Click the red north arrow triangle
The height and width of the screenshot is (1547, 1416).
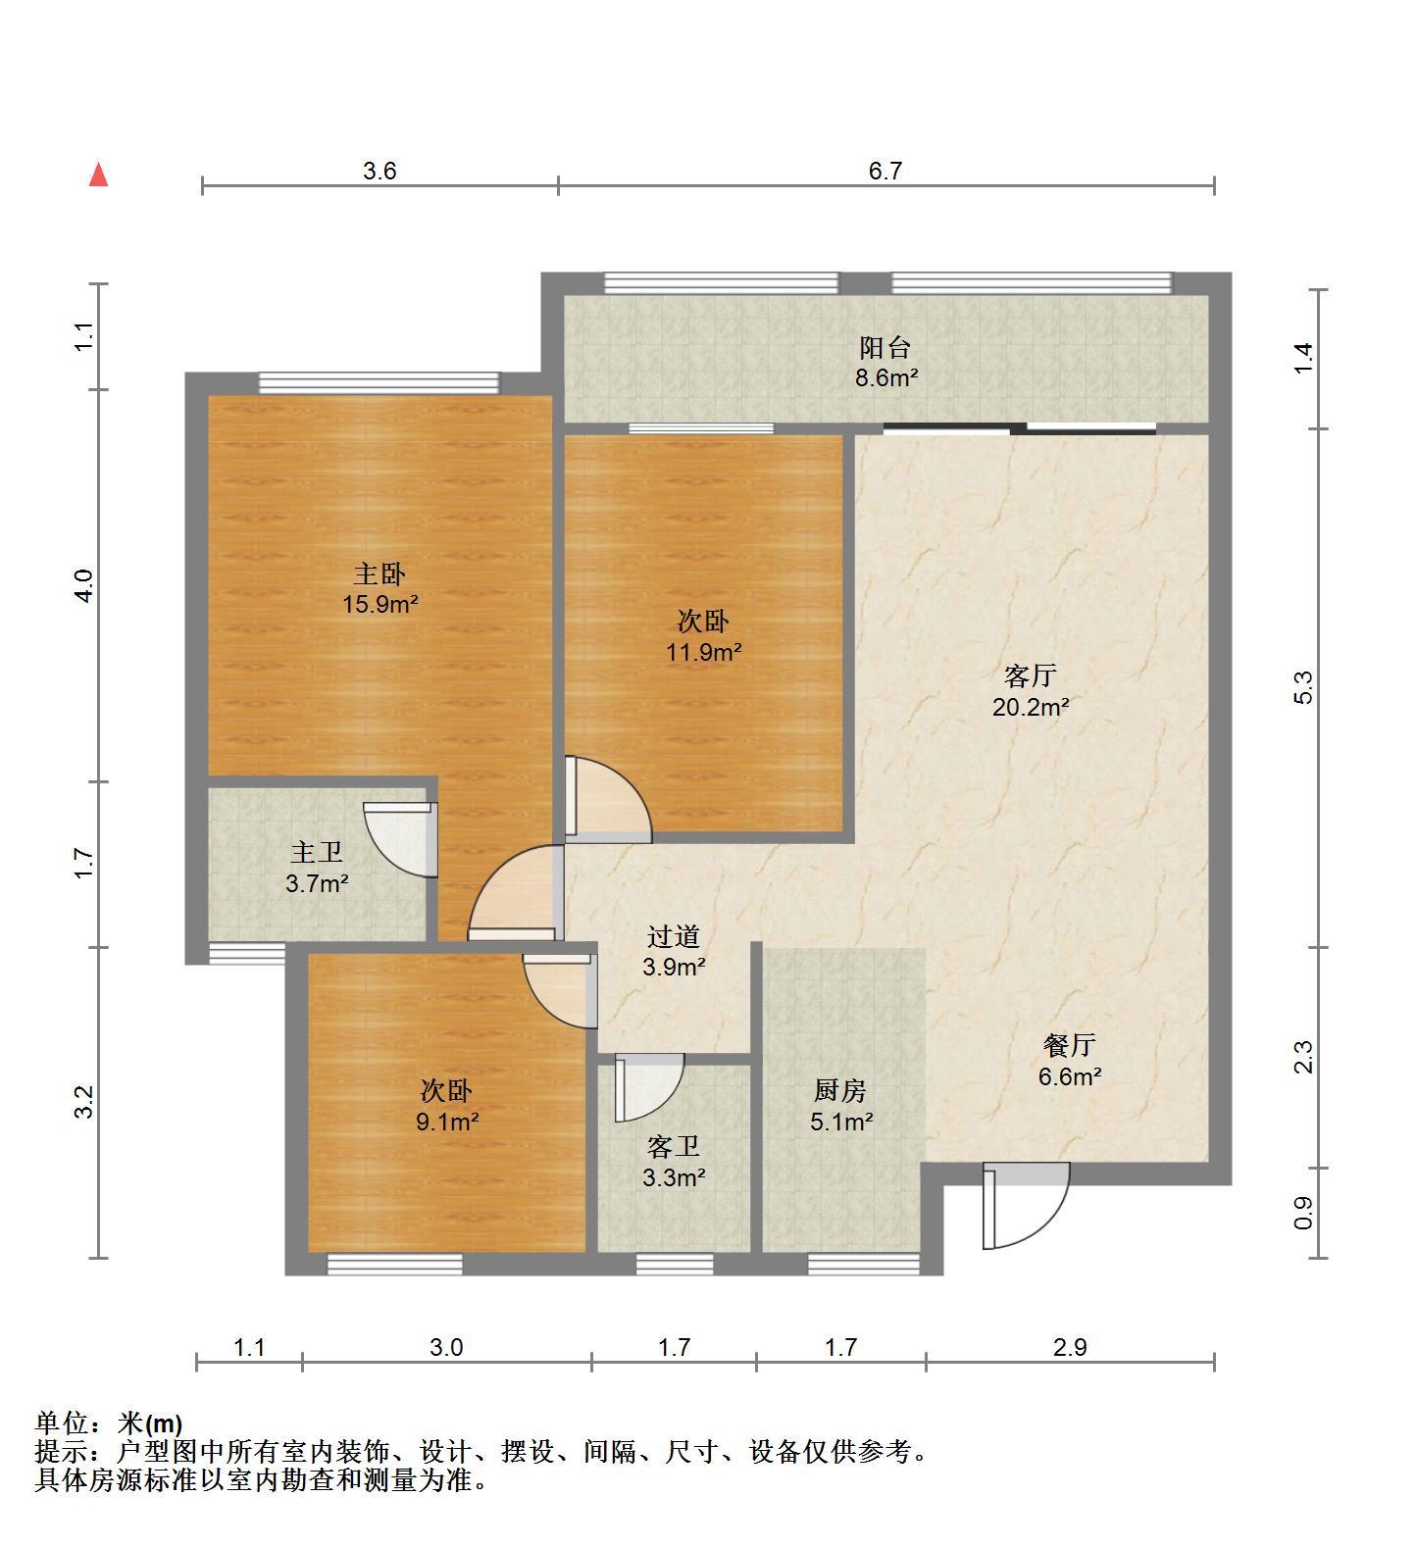pos(98,175)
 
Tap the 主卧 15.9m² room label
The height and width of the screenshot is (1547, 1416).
pos(380,588)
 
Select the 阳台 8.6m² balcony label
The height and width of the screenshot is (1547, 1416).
pos(885,362)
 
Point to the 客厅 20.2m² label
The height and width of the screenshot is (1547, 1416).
pos(1031,690)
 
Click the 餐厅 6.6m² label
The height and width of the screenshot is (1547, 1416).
pos(1070,1061)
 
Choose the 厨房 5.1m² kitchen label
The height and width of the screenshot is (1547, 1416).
pos(841,1106)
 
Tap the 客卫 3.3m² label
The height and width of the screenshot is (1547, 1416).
pos(674,1162)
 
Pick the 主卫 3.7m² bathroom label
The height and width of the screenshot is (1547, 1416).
pos(317,868)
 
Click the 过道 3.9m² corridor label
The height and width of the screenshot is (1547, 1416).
pos(674,952)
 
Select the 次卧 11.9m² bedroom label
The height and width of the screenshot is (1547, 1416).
pos(704,636)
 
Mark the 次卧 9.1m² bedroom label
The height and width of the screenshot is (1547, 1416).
pos(447,1106)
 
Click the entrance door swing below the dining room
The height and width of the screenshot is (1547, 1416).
pos(1026,1205)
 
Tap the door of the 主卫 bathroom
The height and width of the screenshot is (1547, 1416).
pos(400,839)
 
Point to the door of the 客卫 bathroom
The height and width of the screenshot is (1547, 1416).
pos(648,1087)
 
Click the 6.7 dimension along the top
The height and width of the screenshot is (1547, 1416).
pos(885,171)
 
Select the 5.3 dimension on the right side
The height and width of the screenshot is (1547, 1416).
pos(1302,687)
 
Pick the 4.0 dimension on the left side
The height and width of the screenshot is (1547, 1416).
pos(85,585)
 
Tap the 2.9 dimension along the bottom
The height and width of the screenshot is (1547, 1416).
pos(1070,1347)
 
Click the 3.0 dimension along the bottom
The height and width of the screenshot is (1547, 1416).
pos(446,1347)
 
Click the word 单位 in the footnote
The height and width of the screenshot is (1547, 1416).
pos(62,1423)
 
